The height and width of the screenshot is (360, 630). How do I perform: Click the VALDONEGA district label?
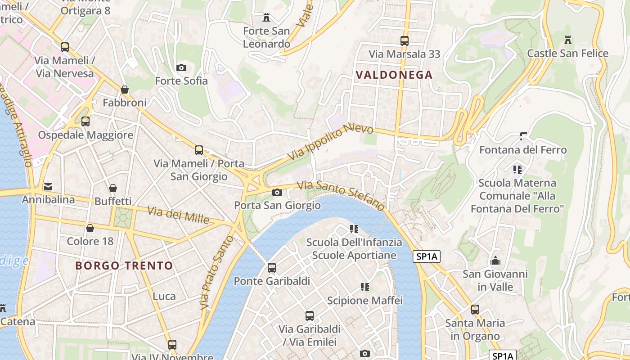point(394,75)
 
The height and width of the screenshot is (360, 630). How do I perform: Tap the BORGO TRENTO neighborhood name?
point(124,265)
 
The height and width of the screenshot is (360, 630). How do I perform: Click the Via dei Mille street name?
point(179,215)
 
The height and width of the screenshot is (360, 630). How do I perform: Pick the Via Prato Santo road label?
point(217,273)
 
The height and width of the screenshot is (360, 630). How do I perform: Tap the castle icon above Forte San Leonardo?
point(266,18)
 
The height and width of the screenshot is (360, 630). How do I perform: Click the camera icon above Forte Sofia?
point(181,68)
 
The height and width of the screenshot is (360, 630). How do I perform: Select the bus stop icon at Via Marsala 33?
point(404,41)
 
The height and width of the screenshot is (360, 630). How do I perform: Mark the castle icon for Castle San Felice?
point(568,40)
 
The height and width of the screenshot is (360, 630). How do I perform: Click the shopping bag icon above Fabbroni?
point(125,90)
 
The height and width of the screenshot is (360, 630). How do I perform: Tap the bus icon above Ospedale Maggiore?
point(85,121)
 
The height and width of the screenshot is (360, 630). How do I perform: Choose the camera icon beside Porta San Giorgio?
point(277,193)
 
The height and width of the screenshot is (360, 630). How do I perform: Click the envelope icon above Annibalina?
point(48,186)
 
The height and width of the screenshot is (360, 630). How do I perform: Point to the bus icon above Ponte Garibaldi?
point(272,268)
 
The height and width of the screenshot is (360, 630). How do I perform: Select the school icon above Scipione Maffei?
point(365,287)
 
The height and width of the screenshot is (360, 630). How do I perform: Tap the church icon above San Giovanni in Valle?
point(495,261)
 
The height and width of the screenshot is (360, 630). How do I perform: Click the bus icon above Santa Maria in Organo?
point(475,310)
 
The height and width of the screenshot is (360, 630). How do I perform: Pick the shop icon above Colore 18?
point(90,228)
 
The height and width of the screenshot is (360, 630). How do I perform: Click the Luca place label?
point(164,296)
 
